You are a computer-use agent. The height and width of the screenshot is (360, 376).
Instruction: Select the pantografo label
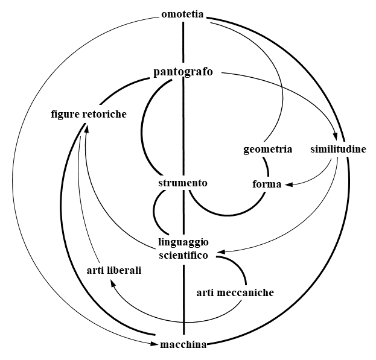(183, 73)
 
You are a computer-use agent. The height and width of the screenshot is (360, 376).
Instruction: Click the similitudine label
(338, 149)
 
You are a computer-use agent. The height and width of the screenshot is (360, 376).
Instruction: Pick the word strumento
(183, 183)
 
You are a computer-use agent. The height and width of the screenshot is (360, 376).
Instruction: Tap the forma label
(267, 184)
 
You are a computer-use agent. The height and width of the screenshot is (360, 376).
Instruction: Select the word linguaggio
(183, 242)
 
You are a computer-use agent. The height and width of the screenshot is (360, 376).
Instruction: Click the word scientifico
(183, 254)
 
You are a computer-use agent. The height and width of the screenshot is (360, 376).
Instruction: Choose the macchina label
(183, 345)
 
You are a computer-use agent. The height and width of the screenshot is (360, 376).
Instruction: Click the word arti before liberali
(95, 271)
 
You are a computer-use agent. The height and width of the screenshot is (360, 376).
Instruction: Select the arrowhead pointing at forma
(288, 183)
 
